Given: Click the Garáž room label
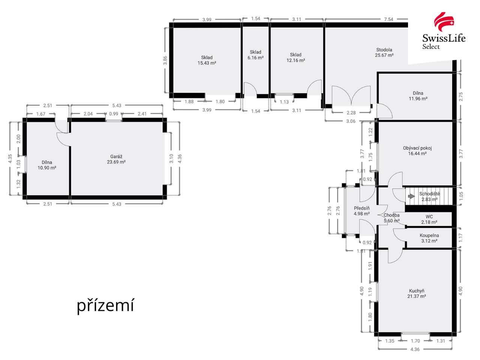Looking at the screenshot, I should point(116,157).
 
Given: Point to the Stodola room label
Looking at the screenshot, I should point(384,50).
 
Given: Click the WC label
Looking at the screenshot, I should point(429,217).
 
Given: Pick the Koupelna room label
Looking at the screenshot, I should point(429,235).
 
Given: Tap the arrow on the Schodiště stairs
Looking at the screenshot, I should point(411,196).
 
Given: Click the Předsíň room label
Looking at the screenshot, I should point(361,208).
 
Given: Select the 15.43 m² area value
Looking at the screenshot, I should point(207,63).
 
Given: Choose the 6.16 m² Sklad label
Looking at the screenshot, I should point(255,55).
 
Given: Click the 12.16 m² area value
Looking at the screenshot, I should point(295,60).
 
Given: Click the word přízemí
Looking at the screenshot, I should point(105,306).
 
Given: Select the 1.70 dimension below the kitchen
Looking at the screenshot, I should point(415,341).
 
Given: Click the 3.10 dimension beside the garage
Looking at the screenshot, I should point(171,159).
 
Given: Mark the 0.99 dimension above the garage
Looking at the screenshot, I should point(113,114).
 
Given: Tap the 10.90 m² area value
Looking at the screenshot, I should point(47,168).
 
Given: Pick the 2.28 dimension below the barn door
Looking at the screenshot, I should point(351,113).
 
